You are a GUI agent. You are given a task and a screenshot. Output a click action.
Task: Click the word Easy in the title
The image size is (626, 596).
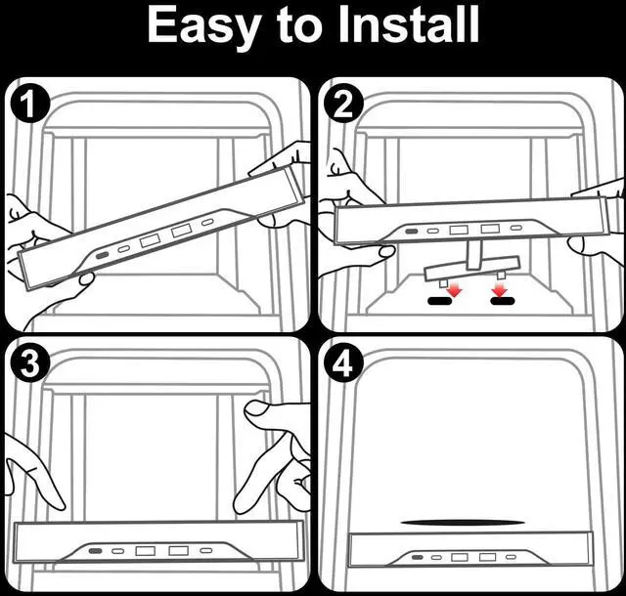(204, 25)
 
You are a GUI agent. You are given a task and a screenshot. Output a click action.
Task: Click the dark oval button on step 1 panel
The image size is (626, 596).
(103, 256)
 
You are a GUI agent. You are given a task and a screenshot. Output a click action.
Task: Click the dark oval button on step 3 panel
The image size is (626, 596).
(95, 552)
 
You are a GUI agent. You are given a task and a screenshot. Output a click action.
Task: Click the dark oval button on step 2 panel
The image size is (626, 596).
(410, 232)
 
